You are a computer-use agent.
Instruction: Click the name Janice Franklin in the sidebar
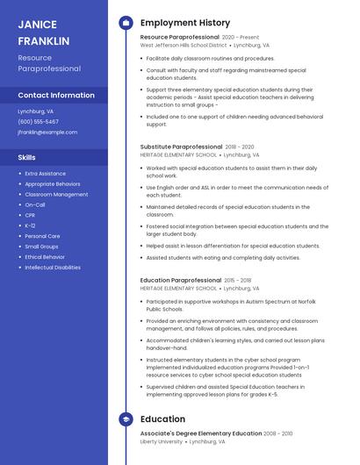pos(43,32)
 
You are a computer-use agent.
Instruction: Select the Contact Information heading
pos(56,95)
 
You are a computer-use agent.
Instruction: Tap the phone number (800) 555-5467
pos(38,122)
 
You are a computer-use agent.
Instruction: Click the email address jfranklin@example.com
pos(47,132)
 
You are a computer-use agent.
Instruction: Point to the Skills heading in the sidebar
pos(27,157)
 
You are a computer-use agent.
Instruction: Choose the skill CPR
pos(30,215)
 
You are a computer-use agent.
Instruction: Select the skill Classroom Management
pos(56,194)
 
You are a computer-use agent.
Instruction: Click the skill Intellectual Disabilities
pos(53,267)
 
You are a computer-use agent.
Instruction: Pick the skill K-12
pos(31,225)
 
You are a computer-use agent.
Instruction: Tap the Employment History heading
pos(185,23)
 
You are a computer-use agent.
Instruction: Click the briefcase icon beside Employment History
pos(126,23)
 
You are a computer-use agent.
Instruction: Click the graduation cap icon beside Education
pos(126,419)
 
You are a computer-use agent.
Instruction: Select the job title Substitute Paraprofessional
pos(181,147)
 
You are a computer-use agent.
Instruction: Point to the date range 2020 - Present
pos(241,38)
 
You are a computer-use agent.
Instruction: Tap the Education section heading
pos(162,419)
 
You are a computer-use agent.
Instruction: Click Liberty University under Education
pos(162,442)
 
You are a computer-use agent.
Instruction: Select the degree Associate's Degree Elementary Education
pos(201,433)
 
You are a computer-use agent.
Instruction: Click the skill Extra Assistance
pos(45,174)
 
